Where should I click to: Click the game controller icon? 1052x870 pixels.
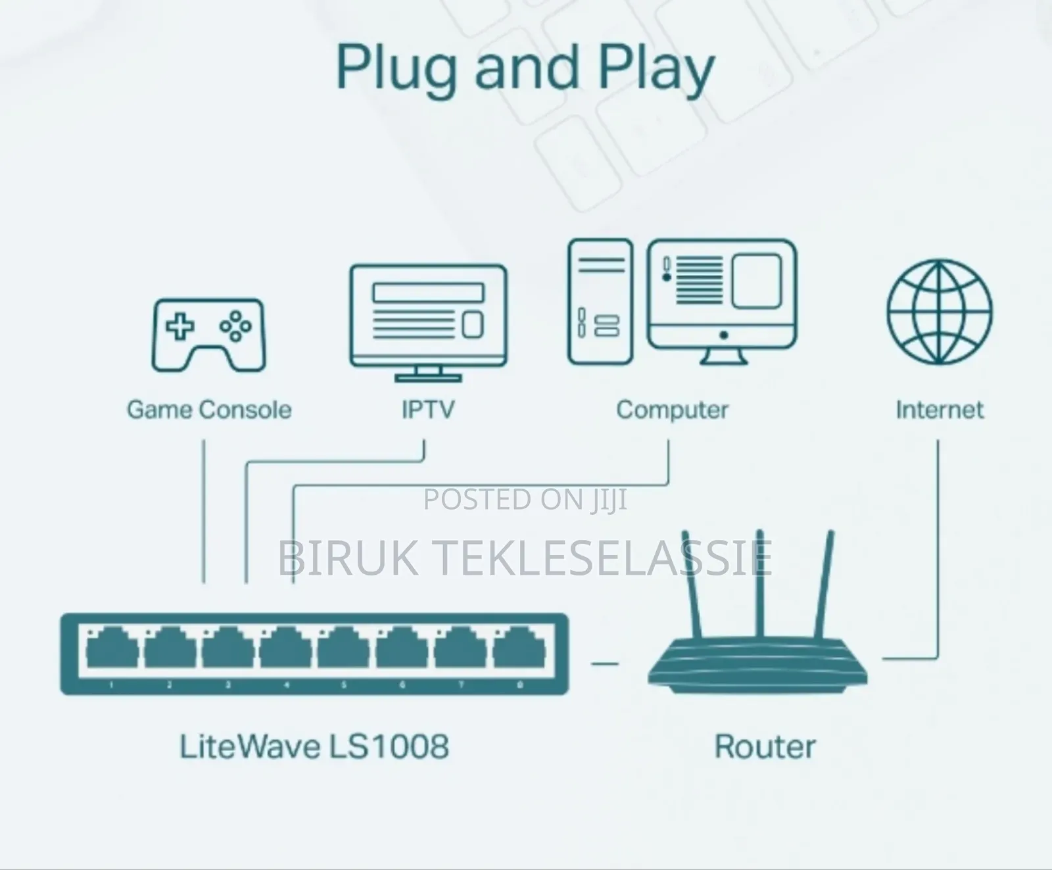[x=209, y=335]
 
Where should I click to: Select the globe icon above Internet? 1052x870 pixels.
[x=940, y=312]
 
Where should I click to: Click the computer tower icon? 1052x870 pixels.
[x=600, y=301]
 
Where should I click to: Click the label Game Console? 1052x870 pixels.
[x=209, y=410]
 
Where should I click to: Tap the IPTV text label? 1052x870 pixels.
[x=428, y=410]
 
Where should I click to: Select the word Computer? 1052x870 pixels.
[x=672, y=410]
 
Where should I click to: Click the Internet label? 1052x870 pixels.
[x=940, y=410]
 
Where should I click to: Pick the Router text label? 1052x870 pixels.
[x=765, y=746]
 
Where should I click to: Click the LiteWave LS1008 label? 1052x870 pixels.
[x=314, y=746]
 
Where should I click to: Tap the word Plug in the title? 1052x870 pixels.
[x=396, y=69]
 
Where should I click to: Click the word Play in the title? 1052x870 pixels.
[x=656, y=69]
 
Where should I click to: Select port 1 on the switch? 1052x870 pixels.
[x=112, y=647]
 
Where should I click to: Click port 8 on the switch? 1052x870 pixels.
[x=519, y=647]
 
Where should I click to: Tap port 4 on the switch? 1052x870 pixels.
[x=285, y=647]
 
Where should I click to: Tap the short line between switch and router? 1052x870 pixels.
[x=605, y=664]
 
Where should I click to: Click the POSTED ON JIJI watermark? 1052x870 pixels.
[x=525, y=500]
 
